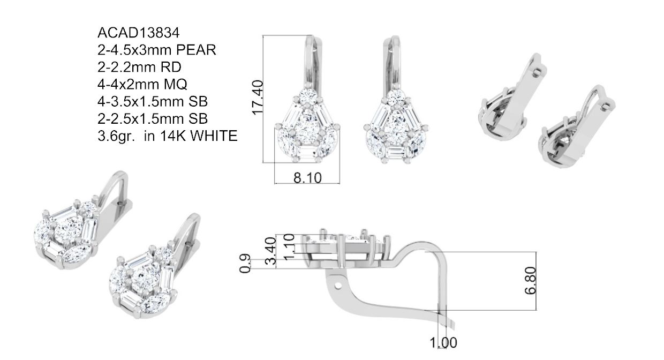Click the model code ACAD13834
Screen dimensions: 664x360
click(139, 33)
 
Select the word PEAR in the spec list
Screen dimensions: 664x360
click(196, 50)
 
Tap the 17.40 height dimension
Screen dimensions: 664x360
click(257, 97)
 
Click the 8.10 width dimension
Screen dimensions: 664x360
click(307, 178)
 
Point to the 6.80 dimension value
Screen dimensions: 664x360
click(531, 281)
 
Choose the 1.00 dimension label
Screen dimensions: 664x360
click(443, 343)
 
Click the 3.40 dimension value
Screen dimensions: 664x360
click(270, 251)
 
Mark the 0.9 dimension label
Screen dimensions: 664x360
click(245, 264)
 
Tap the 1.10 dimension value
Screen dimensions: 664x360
click(289, 247)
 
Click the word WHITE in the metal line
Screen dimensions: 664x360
click(214, 136)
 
